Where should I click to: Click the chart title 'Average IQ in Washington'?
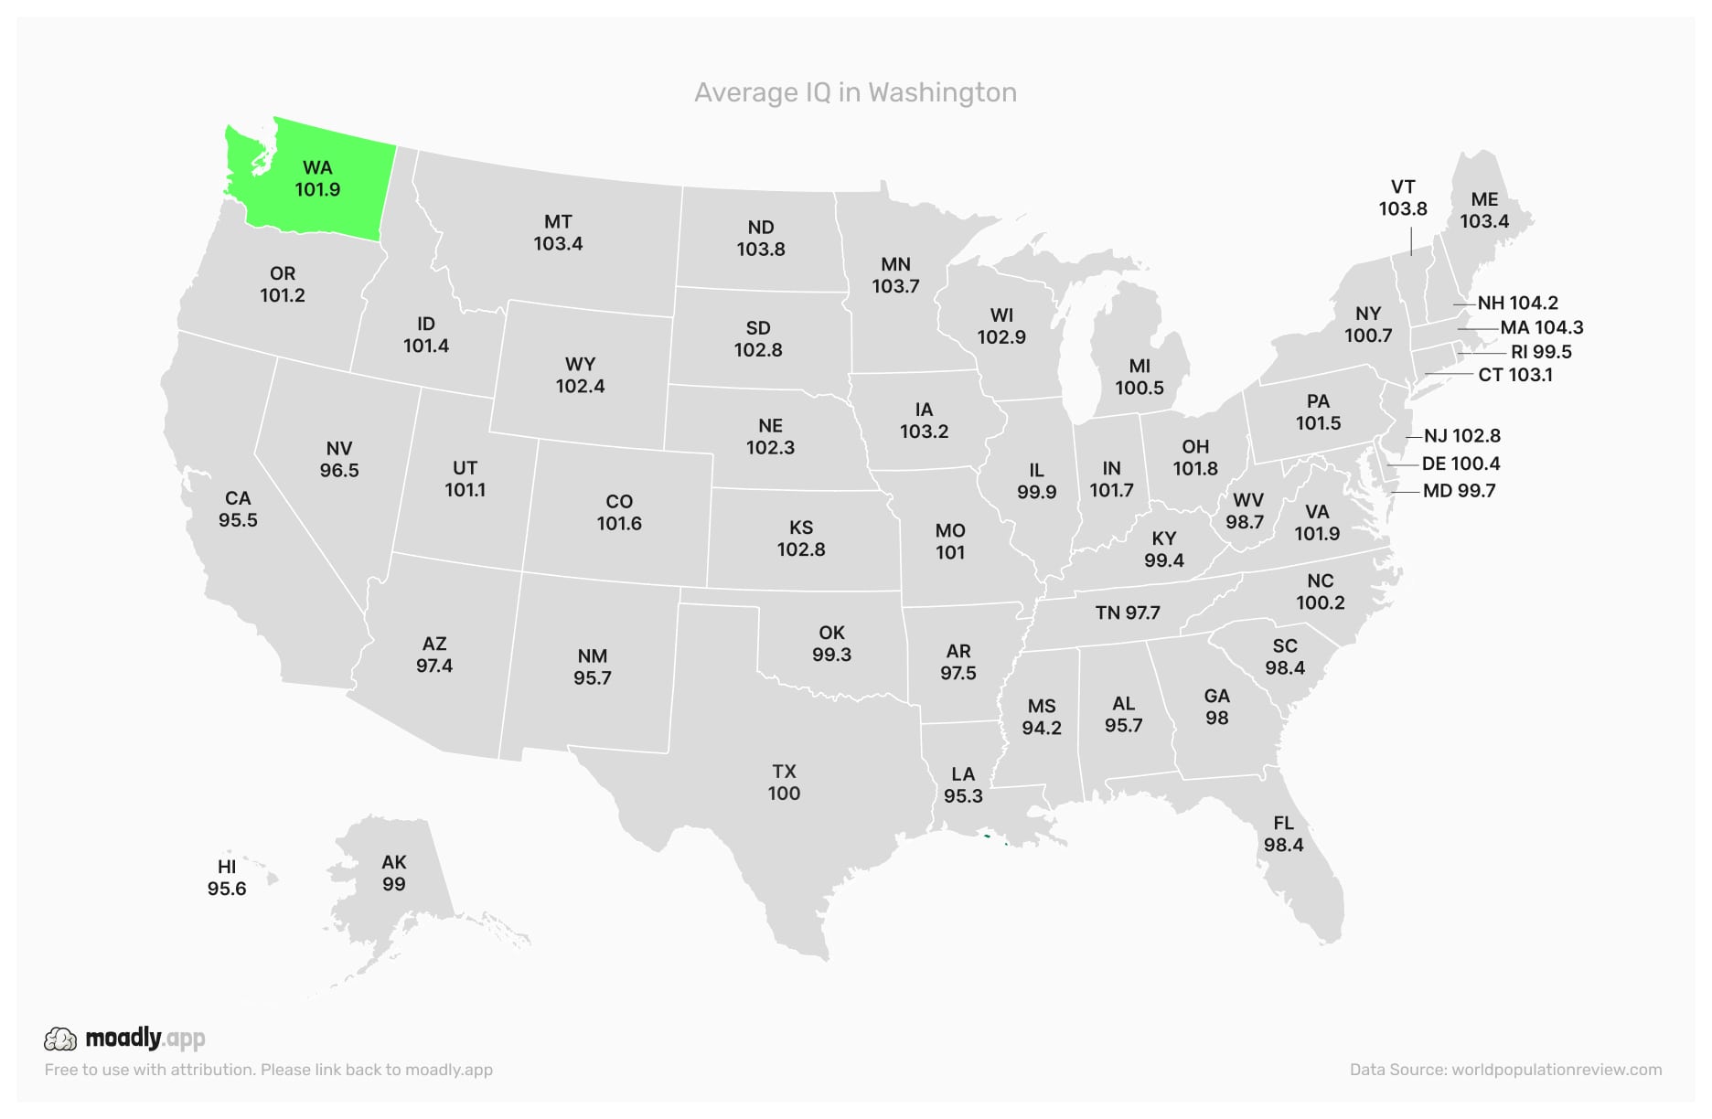[855, 92]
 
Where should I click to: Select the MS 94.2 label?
[1042, 717]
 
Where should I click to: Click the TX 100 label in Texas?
[784, 783]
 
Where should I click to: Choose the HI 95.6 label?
[227, 878]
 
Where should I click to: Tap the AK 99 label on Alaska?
[394, 873]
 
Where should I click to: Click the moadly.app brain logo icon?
[60, 1039]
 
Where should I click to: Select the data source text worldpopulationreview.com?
[1557, 1070]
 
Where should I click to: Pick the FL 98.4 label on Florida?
[1283, 834]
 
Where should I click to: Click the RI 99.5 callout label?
[1541, 352]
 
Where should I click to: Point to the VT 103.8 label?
[1403, 197]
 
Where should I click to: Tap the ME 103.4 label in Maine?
[1484, 210]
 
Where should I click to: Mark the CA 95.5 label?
[238, 509]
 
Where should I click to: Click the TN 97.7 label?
[1128, 613]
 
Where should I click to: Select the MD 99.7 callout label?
[1459, 491]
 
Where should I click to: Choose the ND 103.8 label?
[761, 238]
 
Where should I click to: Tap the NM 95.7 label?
[593, 667]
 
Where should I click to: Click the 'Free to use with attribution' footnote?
[268, 1070]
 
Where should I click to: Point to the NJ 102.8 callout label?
[1461, 436]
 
